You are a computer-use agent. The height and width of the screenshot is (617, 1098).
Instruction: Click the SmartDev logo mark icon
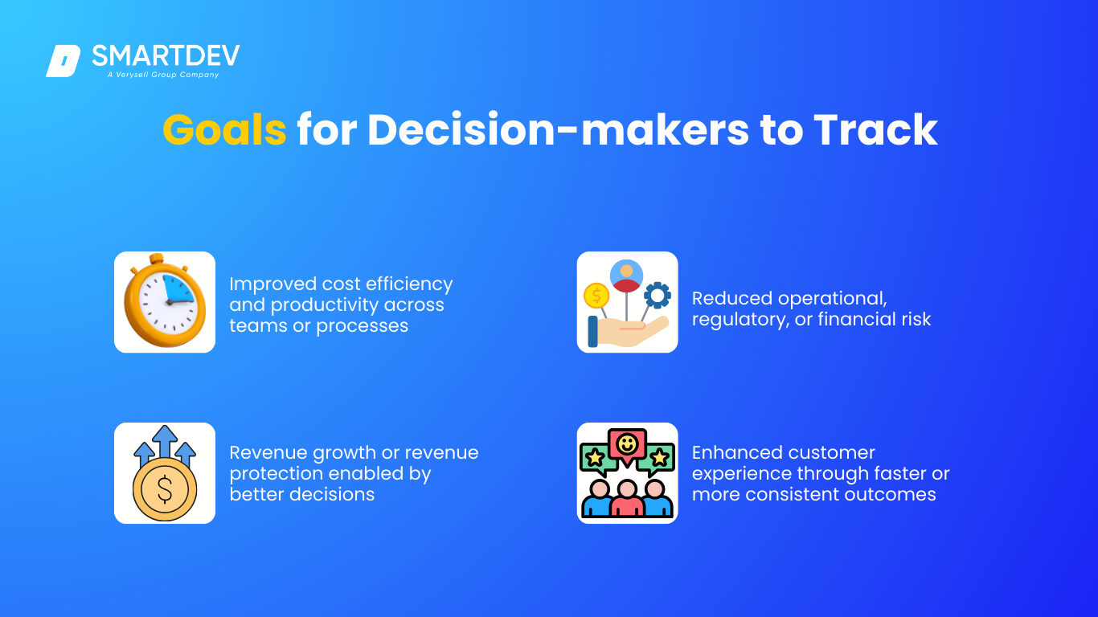(64, 61)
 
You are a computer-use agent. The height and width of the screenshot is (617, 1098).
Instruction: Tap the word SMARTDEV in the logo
(166, 55)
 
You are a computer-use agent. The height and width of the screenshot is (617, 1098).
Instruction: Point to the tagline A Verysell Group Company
(163, 75)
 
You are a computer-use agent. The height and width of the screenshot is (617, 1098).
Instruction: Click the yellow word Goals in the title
(224, 130)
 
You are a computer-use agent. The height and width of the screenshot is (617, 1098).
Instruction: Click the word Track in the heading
(875, 130)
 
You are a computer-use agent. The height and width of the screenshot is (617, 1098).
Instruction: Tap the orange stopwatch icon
(165, 300)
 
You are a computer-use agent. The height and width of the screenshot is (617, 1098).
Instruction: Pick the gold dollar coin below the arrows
(165, 489)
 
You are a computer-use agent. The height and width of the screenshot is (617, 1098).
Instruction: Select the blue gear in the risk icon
(657, 295)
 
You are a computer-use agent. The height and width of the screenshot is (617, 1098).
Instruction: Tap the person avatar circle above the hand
(626, 276)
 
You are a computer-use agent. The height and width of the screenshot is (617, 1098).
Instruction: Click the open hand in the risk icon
(629, 331)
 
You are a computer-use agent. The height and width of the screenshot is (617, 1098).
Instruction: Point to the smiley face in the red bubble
(627, 444)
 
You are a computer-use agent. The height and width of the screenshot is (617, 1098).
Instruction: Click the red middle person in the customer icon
(627, 498)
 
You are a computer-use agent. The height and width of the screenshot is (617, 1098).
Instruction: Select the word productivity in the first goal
(324, 304)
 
